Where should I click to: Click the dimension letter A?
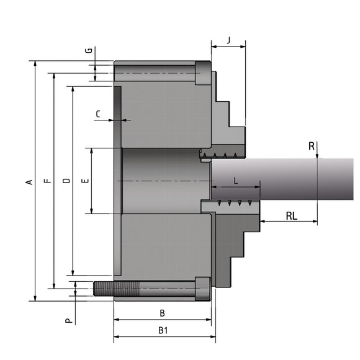(28, 182)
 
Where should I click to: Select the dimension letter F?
(47, 182)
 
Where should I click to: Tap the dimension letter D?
(66, 182)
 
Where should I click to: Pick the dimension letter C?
(98, 114)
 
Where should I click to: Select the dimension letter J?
(228, 40)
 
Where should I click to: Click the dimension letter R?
(311, 146)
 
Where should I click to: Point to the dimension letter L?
(236, 180)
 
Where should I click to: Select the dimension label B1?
(163, 331)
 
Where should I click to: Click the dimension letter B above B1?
(163, 313)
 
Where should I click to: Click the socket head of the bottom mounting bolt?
(202, 289)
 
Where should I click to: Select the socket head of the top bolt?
(203, 73)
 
